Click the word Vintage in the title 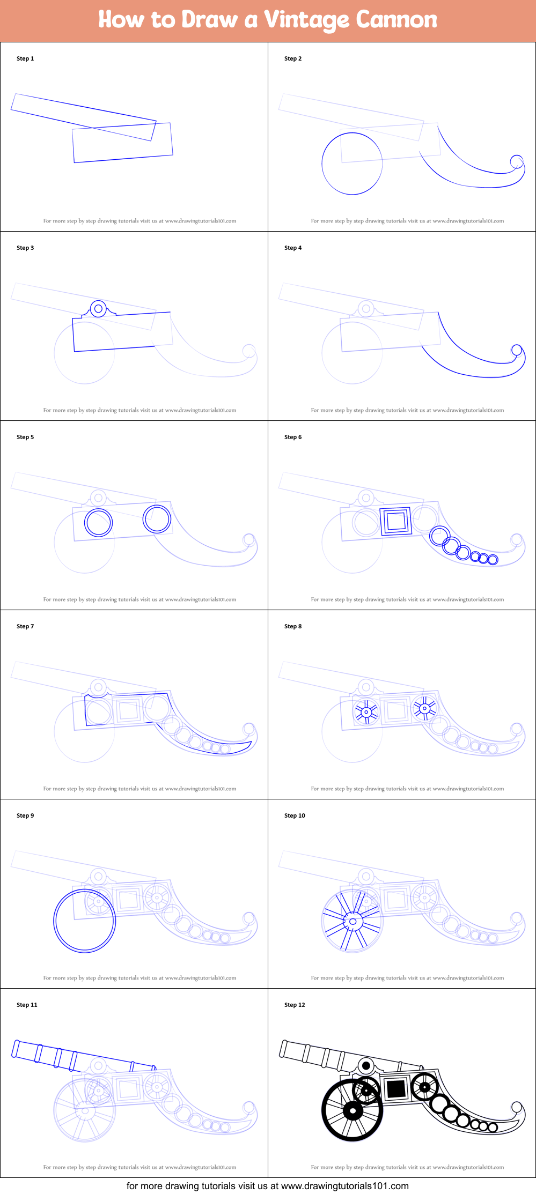pyautogui.click(x=306, y=20)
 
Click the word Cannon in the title pyautogui.click(x=397, y=20)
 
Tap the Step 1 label pyautogui.click(x=25, y=58)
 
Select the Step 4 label pyautogui.click(x=293, y=248)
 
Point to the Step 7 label pyautogui.click(x=25, y=626)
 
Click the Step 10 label pyautogui.click(x=295, y=815)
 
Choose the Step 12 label pyautogui.click(x=295, y=1005)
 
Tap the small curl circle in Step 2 pyautogui.click(x=516, y=161)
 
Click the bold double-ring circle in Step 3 pyautogui.click(x=98, y=309)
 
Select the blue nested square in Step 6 pyautogui.click(x=395, y=521)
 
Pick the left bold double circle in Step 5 pyautogui.click(x=98, y=523)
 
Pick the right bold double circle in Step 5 pyautogui.click(x=157, y=518)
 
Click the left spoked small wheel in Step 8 pyautogui.click(x=366, y=712)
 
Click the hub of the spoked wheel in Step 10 pyautogui.click(x=353, y=922)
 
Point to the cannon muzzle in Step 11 pyautogui.click(x=16, y=1048)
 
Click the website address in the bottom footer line pyautogui.click(x=344, y=1186)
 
